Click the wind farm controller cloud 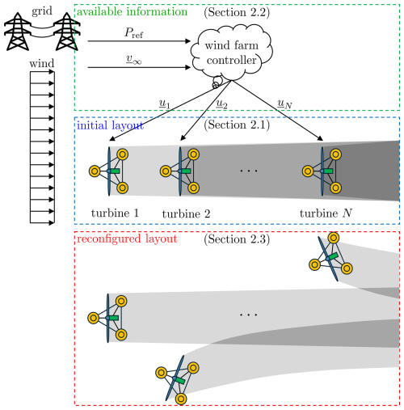coord(232,52)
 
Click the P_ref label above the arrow coord(133,33)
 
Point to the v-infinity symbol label coord(134,59)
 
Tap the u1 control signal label coord(164,104)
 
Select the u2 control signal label coord(221,104)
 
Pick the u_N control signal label coord(284,104)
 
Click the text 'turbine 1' coord(115,213)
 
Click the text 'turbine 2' coord(186,213)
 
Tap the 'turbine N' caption coord(326,213)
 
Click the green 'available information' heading coord(132,11)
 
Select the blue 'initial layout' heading coord(110,125)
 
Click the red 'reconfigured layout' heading coord(127,239)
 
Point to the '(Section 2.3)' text coord(237,239)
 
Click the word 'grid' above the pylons coord(42,11)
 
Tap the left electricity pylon coord(17,32)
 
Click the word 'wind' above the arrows coord(42,63)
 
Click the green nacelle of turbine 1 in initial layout coord(115,171)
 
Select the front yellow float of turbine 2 coord(166,171)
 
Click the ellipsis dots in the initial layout coord(249,171)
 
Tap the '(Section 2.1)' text coord(237,125)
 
